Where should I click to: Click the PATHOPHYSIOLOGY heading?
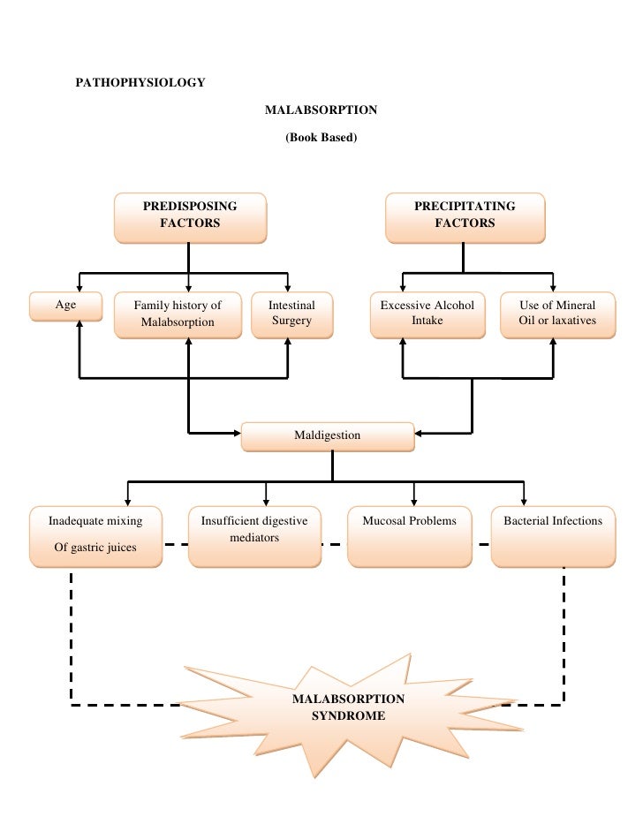pyautogui.click(x=141, y=83)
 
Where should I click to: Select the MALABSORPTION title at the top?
pyautogui.click(x=321, y=110)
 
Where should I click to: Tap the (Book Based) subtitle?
pyautogui.click(x=321, y=138)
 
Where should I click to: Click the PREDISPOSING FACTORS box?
pyautogui.click(x=190, y=217)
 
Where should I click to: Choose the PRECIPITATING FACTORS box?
pyautogui.click(x=465, y=217)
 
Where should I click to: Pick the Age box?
pyautogui.click(x=66, y=306)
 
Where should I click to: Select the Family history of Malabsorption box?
pyautogui.click(x=178, y=314)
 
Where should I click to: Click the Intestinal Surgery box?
pyautogui.click(x=291, y=314)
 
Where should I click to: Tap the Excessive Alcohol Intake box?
pyautogui.click(x=427, y=314)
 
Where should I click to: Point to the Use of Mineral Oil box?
pyautogui.click(x=557, y=314)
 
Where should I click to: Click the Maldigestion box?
pyautogui.click(x=327, y=435)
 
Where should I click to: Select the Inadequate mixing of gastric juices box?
pyautogui.click(x=95, y=536)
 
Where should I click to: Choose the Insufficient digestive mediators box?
pyautogui.click(x=254, y=536)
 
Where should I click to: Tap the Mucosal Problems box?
pyautogui.click(x=410, y=536)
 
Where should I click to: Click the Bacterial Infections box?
pyautogui.click(x=553, y=536)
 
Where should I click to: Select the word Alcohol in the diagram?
pyautogui.click(x=454, y=306)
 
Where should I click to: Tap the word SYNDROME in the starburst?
pyautogui.click(x=348, y=716)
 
